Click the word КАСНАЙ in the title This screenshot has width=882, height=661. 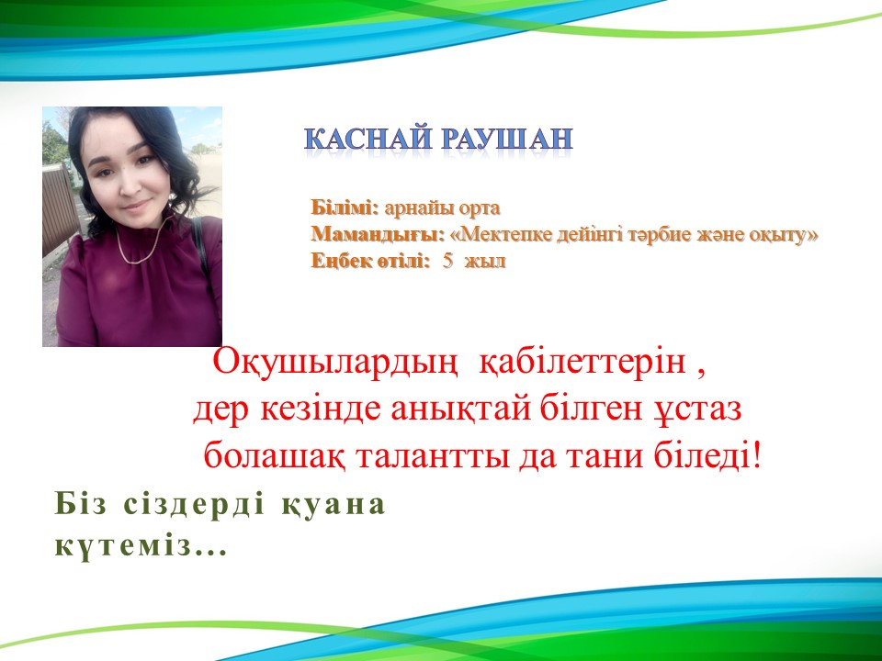pyautogui.click(x=368, y=139)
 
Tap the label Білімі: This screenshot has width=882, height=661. pyautogui.click(x=345, y=207)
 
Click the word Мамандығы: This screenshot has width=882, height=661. pyautogui.click(x=378, y=234)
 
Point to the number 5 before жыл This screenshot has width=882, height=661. pyautogui.click(x=447, y=261)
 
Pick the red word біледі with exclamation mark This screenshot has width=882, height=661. pyautogui.click(x=707, y=455)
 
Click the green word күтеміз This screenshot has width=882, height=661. pyautogui.click(x=141, y=545)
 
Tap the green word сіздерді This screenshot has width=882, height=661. pyautogui.click(x=194, y=504)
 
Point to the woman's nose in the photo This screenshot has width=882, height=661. pyautogui.click(x=129, y=186)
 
